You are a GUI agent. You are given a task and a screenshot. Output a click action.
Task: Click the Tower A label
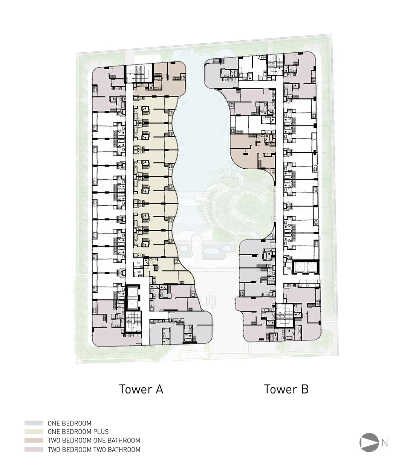pyautogui.click(x=141, y=389)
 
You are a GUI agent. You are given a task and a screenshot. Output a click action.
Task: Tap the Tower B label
pyautogui.click(x=286, y=389)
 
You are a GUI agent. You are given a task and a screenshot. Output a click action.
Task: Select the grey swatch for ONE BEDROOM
pyautogui.click(x=34, y=423)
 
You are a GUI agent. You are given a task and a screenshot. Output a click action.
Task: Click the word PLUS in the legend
pyautogui.click(x=101, y=432)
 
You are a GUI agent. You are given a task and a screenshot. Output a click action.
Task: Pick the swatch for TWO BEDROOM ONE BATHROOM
pyautogui.click(x=34, y=440)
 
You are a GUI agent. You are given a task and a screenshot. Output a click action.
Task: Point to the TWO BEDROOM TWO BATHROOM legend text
pyautogui.click(x=94, y=450)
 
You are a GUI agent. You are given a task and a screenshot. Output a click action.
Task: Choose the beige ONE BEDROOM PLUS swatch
pyautogui.click(x=34, y=432)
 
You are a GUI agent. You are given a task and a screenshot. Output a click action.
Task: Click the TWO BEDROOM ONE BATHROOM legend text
pyautogui.click(x=94, y=440)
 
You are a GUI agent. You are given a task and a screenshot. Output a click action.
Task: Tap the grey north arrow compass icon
pyautogui.click(x=369, y=442)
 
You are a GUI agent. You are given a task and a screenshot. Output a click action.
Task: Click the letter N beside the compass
pyautogui.click(x=385, y=443)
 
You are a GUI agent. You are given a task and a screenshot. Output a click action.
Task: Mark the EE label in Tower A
pyautogui.click(x=139, y=263)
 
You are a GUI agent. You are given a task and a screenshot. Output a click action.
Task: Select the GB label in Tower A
pyautogui.click(x=139, y=272)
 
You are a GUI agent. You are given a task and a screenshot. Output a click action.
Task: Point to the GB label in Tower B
pyautogui.click(x=289, y=269)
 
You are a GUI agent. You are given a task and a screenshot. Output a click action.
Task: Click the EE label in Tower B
pyautogui.click(x=308, y=286)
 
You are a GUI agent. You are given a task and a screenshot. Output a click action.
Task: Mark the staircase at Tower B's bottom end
pyautogui.click(x=285, y=316)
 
